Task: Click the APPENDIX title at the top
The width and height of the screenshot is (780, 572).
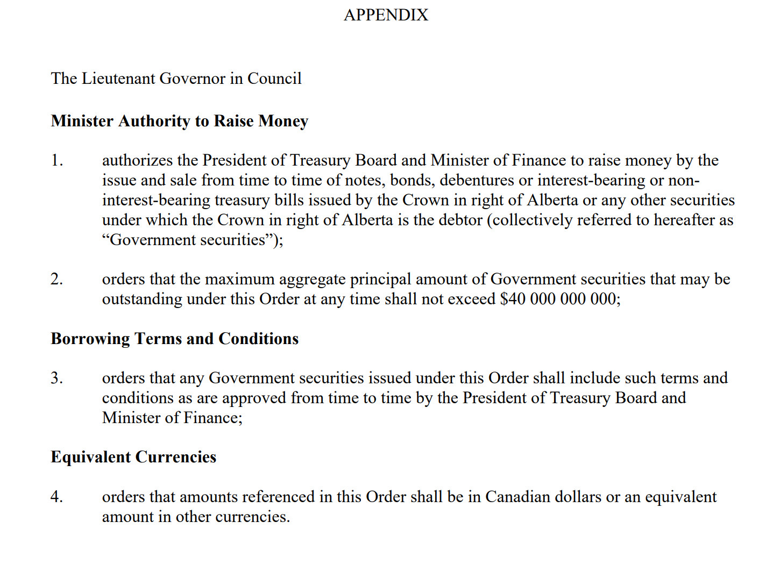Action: pyautogui.click(x=386, y=15)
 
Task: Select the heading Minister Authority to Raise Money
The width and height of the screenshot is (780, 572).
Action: pyautogui.click(x=179, y=121)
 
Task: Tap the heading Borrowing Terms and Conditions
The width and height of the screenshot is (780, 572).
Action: pyautogui.click(x=174, y=339)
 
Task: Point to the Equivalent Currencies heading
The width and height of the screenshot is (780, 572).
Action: pyautogui.click(x=133, y=457)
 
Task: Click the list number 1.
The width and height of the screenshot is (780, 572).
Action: pyautogui.click(x=56, y=160)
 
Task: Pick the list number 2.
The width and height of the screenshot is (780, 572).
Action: pyautogui.click(x=56, y=279)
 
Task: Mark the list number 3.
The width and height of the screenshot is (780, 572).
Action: pyautogui.click(x=56, y=378)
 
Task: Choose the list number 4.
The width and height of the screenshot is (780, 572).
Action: pyautogui.click(x=56, y=497)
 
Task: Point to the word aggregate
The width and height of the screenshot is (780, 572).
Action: pyautogui.click(x=312, y=280)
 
